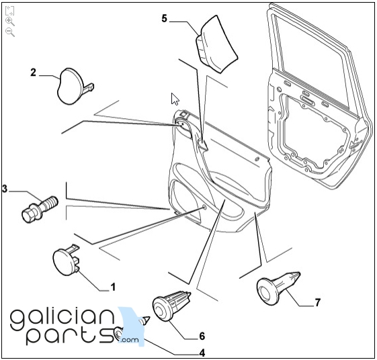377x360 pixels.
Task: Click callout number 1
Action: tap(113, 287)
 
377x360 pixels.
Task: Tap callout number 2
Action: tap(33, 73)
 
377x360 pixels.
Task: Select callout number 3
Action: tap(5, 189)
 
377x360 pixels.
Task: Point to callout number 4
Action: tap(202, 353)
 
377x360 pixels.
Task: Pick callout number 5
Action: tap(164, 18)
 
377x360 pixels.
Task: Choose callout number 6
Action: tap(202, 336)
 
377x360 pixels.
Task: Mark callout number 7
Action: tap(318, 302)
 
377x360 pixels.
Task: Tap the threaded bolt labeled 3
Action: tap(40, 210)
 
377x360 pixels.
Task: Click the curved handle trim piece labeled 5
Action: tap(216, 44)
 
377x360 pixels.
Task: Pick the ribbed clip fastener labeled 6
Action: tap(171, 306)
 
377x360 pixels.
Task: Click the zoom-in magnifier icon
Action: tap(10, 21)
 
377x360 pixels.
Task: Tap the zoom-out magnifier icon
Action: tap(10, 32)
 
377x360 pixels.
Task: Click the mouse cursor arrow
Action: tap(175, 99)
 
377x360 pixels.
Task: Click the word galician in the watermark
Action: tap(62, 317)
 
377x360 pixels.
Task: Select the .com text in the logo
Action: tap(130, 340)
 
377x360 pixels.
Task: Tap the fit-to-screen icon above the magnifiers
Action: tap(10, 11)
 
